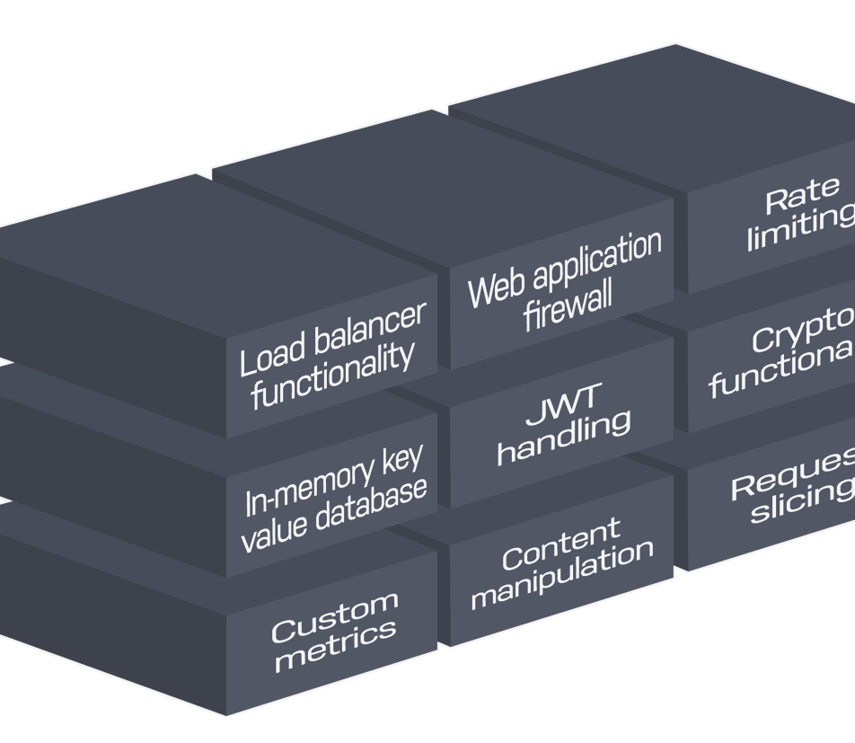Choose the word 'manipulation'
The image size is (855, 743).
[561, 575]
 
